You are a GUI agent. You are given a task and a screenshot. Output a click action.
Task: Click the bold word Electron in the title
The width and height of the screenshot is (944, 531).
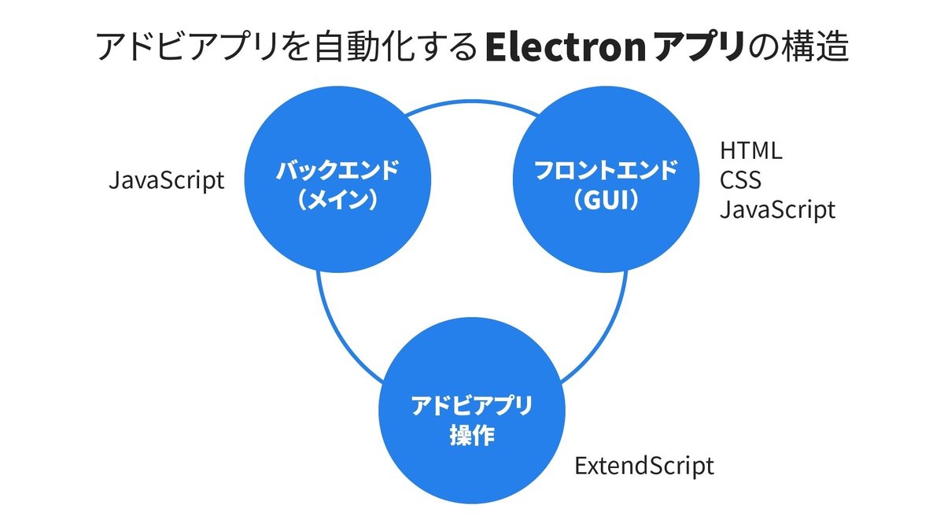pyautogui.click(x=566, y=47)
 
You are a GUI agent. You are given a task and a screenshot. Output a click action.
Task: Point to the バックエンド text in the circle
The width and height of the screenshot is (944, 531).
pyautogui.click(x=337, y=170)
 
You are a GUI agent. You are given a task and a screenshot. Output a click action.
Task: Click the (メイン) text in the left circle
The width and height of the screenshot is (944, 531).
pyautogui.click(x=337, y=200)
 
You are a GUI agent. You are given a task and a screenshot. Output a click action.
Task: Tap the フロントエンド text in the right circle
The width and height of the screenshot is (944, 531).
pyautogui.click(x=606, y=170)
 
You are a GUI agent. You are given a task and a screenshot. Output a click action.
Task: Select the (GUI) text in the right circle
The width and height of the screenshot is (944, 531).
pyautogui.click(x=606, y=200)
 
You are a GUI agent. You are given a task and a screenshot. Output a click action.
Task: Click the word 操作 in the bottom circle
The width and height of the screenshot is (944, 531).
pyautogui.click(x=471, y=435)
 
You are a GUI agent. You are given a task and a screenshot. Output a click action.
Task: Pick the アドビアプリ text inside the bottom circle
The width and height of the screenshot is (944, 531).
pyautogui.click(x=471, y=405)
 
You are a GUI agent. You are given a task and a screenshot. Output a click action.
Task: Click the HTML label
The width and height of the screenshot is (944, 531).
pyautogui.click(x=751, y=151)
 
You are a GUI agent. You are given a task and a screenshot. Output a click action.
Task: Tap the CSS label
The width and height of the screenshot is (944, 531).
pyautogui.click(x=740, y=180)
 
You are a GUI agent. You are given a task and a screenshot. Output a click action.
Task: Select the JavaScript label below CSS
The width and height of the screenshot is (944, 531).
pyautogui.click(x=777, y=210)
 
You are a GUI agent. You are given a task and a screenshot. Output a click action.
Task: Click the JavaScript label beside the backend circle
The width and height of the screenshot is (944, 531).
pyautogui.click(x=167, y=180)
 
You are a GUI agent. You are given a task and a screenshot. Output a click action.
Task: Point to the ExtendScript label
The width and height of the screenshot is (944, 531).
pyautogui.click(x=644, y=466)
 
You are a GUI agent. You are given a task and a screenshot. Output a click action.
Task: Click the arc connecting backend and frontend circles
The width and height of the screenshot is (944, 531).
pyautogui.click(x=471, y=101)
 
